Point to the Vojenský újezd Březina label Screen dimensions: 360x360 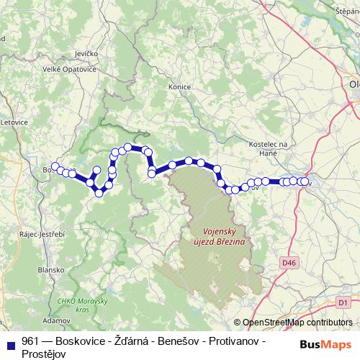tap(219, 237)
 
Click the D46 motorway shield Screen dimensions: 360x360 tap(289, 264)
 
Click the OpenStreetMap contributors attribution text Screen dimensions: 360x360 tap(297, 323)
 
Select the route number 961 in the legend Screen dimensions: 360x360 tap(30, 340)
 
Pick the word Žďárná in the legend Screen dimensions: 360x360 tap(135, 340)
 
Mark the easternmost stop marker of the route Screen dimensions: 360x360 tap(305, 182)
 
